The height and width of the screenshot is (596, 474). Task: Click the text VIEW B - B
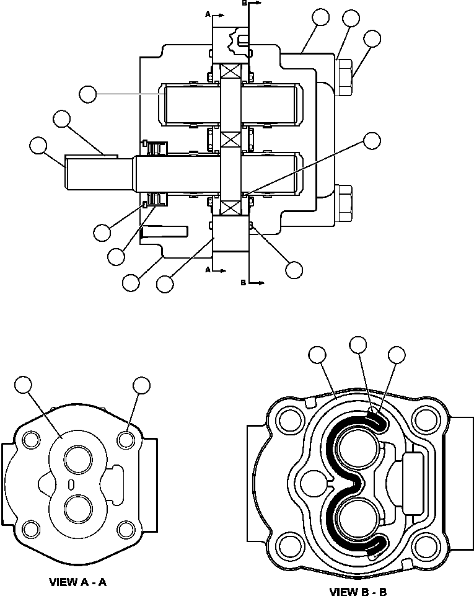pos(358,592)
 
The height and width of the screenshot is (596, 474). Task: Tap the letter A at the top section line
pos(208,12)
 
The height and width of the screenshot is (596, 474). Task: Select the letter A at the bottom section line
pos(208,270)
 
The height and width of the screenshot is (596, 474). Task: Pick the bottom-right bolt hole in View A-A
pos(126,530)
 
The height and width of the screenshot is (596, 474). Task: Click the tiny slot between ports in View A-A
pos(72,484)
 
